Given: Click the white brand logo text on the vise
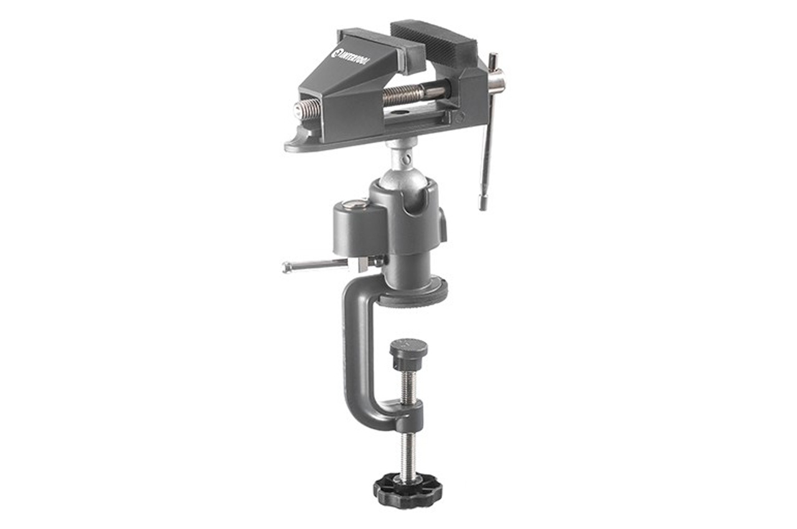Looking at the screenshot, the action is click(355, 62).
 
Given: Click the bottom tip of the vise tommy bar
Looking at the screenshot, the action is click(483, 206).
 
